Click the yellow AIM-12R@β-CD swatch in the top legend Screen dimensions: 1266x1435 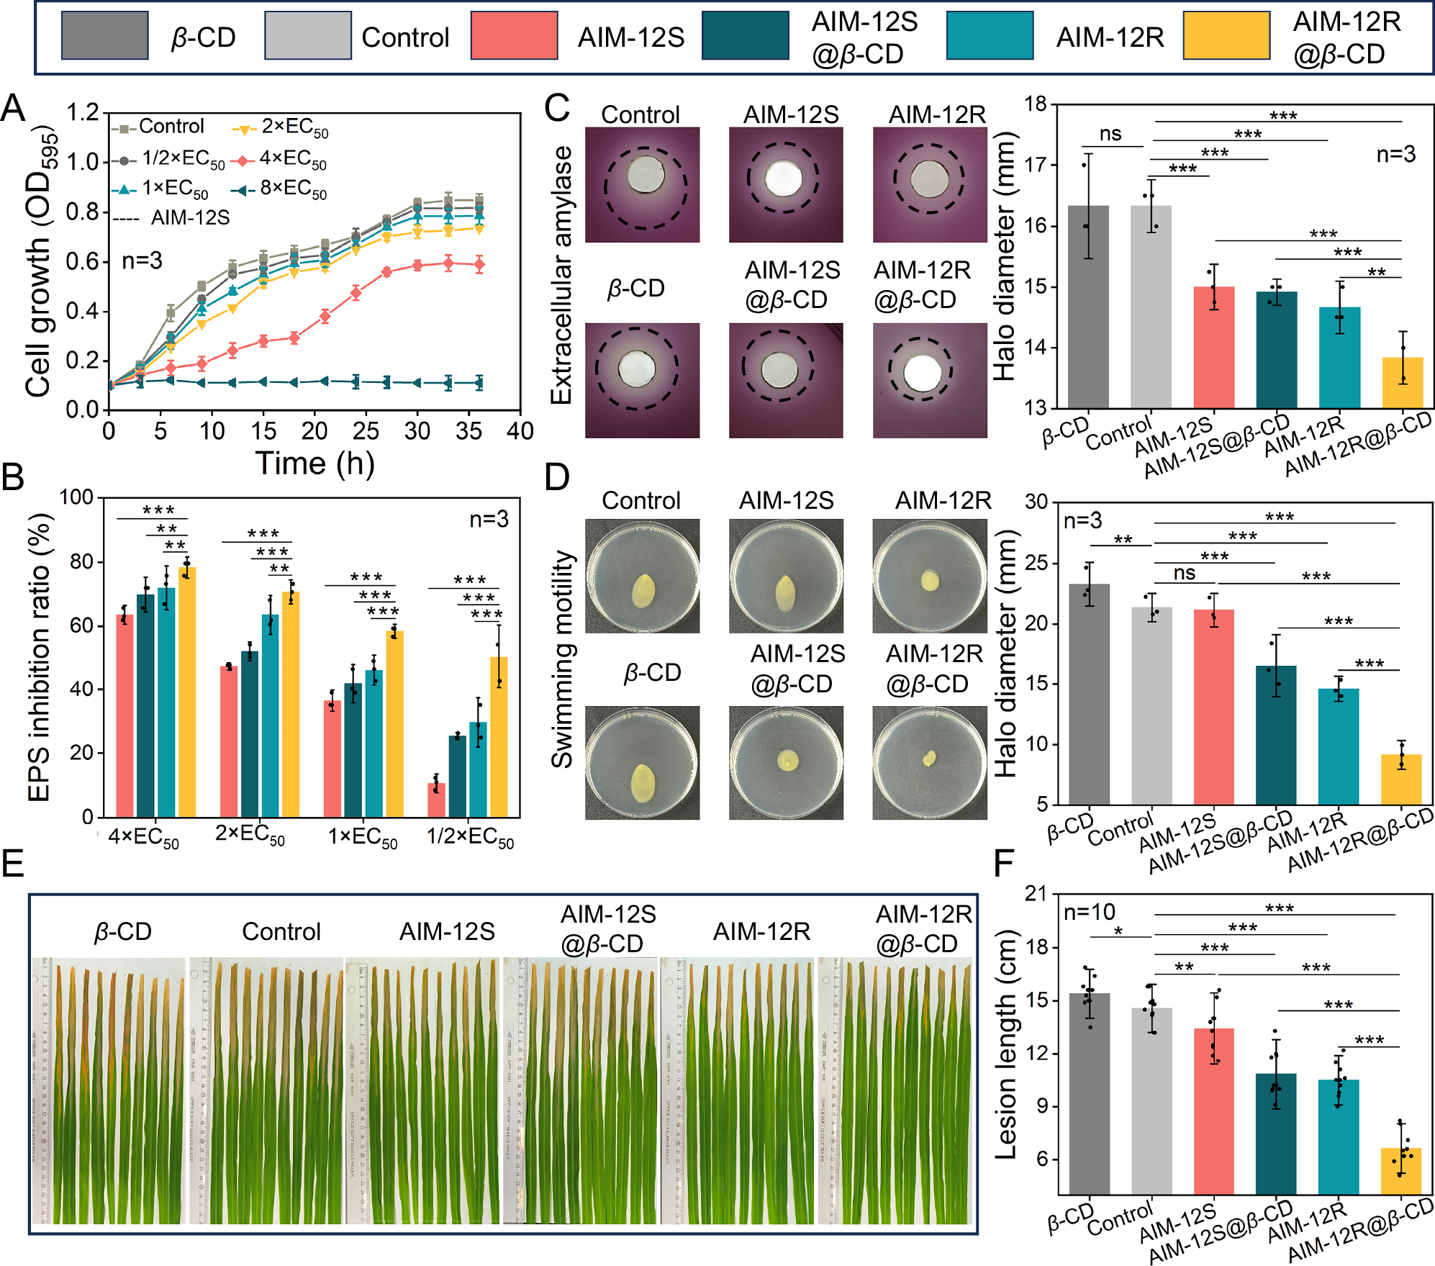pyautogui.click(x=1226, y=35)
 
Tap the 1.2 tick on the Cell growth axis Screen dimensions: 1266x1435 pyautogui.click(x=83, y=113)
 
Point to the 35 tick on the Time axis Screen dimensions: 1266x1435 pyautogui.click(x=468, y=432)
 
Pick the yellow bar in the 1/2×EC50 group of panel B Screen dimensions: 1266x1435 pyautogui.click(x=499, y=736)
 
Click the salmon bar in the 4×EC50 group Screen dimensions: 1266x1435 pyautogui.click(x=125, y=715)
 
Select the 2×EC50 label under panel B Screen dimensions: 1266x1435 pyautogui.click(x=250, y=836)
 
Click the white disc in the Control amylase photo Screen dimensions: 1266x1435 pyautogui.click(x=646, y=174)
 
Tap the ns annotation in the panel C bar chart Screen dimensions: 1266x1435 pyautogui.click(x=1110, y=135)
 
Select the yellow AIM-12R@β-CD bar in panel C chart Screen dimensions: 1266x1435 pyautogui.click(x=1403, y=382)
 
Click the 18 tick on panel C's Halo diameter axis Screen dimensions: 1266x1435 pyautogui.click(x=1036, y=105)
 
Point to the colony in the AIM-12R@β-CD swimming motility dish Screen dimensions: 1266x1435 pyautogui.click(x=929, y=758)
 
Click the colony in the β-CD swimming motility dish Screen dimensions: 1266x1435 pyautogui.click(x=642, y=782)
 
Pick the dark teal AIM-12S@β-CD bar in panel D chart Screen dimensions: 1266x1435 pyautogui.click(x=1276, y=735)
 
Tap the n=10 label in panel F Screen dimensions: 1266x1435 pyautogui.click(x=1089, y=913)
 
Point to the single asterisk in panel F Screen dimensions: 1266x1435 pyautogui.click(x=1118, y=931)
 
